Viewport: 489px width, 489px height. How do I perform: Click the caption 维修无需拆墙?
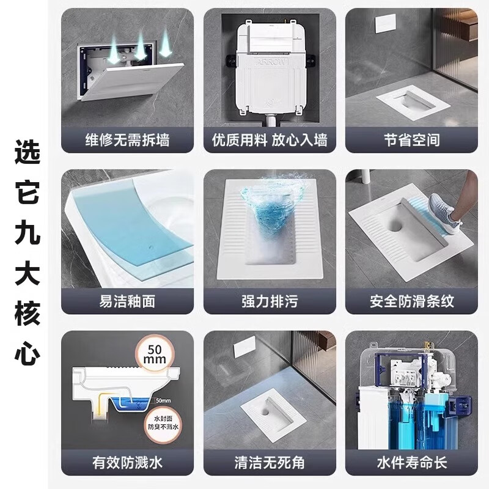127,140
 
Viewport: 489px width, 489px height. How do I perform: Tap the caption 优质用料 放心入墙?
269,140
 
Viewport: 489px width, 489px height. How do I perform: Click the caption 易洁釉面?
127,301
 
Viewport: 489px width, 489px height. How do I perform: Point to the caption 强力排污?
269,301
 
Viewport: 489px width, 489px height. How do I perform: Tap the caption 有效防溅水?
127,463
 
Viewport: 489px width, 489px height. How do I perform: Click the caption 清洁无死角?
269,463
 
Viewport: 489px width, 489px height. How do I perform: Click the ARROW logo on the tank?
270,61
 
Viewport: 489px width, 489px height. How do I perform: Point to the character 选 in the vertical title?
27,152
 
